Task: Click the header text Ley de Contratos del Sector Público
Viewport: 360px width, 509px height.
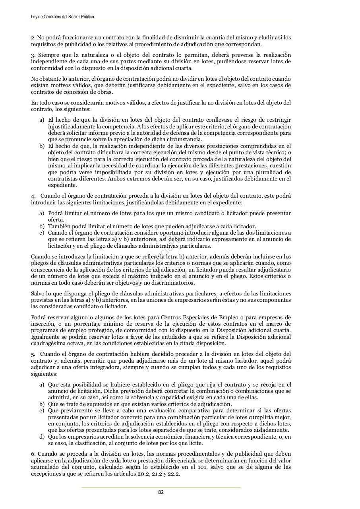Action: pos(62,17)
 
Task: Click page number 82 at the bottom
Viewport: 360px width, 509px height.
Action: pos(161,492)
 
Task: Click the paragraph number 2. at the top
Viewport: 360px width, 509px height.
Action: pos(33,38)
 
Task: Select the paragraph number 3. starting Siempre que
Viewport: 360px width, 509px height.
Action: pos(33,55)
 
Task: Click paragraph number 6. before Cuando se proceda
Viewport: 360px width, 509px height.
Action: pos(33,454)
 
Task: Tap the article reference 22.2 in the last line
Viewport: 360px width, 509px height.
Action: pos(173,473)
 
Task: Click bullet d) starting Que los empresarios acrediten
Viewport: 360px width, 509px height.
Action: pos(42,437)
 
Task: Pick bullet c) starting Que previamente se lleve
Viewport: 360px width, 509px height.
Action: pos(42,410)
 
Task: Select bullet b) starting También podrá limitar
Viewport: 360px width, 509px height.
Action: pos(42,226)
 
